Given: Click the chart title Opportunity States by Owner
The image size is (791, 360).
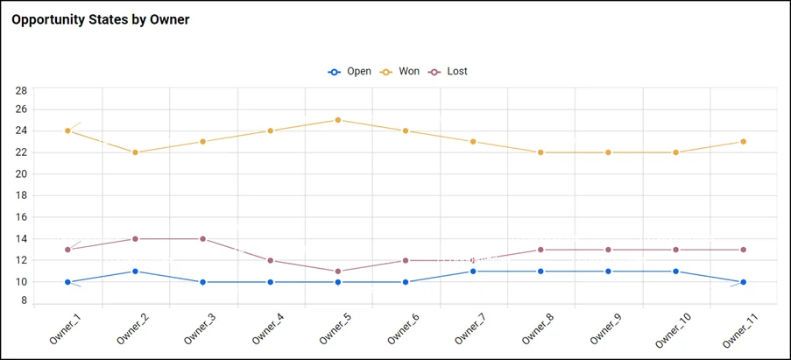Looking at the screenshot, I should (x=101, y=19).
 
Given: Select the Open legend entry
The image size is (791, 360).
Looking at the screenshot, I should (x=350, y=71).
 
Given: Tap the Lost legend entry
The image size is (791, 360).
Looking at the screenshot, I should (x=448, y=71).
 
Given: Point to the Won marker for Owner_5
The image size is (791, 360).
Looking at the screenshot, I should (x=338, y=120).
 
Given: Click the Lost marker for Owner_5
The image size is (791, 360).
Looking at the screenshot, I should (x=338, y=271).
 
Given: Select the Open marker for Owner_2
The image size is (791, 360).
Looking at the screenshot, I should (x=136, y=271).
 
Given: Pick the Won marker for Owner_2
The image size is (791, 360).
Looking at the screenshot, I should (x=136, y=152).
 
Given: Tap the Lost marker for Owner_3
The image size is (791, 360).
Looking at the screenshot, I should (x=203, y=238).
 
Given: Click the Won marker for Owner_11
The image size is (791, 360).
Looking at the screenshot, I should (x=743, y=142).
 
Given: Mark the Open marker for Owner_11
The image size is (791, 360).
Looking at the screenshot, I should (x=743, y=282).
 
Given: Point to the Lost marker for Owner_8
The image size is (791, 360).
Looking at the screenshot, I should (x=540, y=250).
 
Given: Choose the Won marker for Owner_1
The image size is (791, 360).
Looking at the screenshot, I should (x=68, y=131).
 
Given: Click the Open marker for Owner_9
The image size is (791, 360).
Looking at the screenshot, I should (x=608, y=271).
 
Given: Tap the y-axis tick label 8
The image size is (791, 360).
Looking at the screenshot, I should (x=25, y=300).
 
